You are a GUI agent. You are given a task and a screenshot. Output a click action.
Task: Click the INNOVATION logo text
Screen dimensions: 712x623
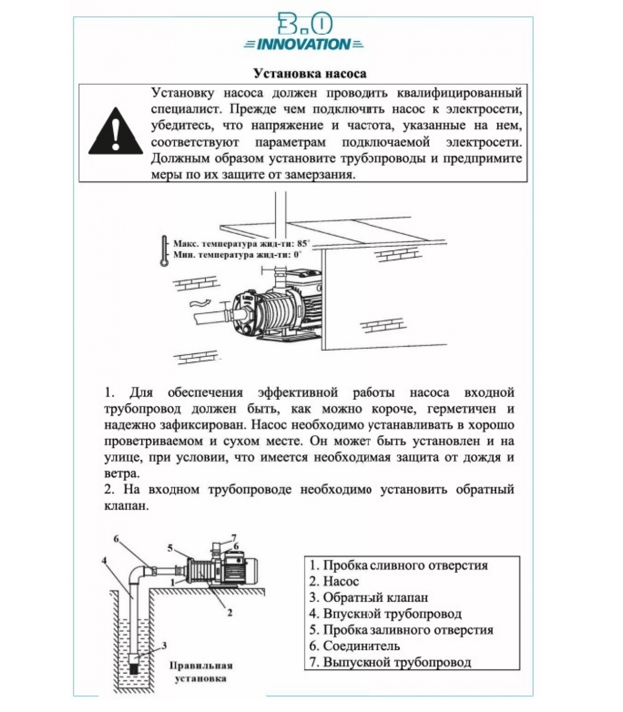304,44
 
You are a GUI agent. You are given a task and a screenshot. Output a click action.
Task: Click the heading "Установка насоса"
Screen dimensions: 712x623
310,73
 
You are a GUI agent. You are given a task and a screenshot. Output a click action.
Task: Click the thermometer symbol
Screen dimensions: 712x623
165,251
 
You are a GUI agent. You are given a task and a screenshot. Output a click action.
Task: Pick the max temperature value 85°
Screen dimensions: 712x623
303,244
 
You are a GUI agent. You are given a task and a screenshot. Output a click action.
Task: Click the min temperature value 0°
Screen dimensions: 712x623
297,255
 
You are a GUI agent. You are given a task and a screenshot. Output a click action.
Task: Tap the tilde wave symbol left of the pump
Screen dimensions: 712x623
198,304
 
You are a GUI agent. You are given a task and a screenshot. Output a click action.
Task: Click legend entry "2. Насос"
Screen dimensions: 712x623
334,582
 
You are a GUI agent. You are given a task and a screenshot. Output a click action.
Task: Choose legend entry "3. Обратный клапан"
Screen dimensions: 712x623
368,598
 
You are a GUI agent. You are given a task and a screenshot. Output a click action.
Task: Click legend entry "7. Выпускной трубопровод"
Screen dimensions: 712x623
390,662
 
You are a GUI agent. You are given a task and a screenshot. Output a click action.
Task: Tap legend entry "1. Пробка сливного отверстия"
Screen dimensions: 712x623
398,566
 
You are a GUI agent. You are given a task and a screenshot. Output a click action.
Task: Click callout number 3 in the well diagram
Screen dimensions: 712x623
164,645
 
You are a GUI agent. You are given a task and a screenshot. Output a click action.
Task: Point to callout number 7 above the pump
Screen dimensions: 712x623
234,537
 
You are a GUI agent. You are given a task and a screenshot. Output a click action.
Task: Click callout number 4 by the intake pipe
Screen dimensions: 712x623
104,561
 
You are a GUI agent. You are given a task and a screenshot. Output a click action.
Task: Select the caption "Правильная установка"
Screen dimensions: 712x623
201,672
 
